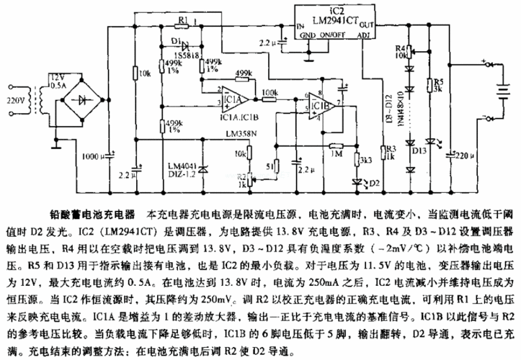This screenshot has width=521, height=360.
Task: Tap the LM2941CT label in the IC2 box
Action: click(327, 19)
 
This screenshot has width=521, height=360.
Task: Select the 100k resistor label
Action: click(270, 92)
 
